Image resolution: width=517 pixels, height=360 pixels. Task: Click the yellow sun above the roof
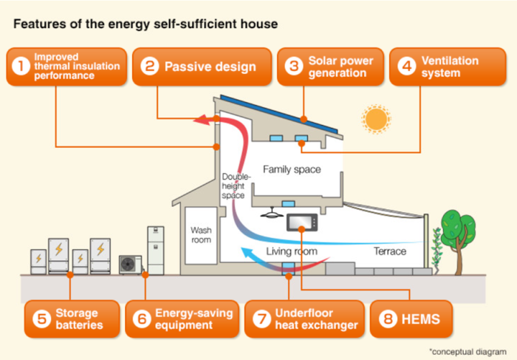[x=376, y=118]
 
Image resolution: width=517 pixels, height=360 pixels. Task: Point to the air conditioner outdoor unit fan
[x=131, y=264]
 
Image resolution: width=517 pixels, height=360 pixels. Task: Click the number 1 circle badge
[x=20, y=67]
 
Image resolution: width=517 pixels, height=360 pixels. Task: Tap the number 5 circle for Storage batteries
[x=41, y=319]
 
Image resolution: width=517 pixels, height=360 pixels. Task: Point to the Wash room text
[x=201, y=235]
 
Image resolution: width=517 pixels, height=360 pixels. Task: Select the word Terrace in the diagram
[x=388, y=251]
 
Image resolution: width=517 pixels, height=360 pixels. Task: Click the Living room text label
[x=292, y=251]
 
